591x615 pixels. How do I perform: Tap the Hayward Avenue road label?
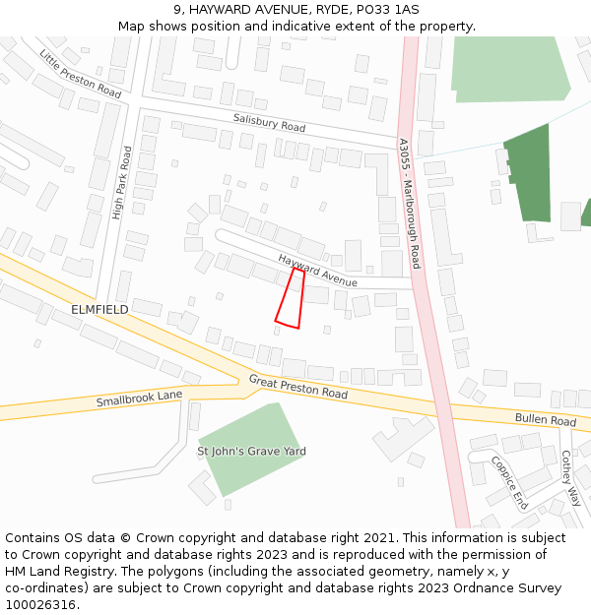click(317, 271)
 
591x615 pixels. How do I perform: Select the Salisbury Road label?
click(269, 122)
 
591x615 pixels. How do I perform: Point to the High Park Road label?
click(121, 183)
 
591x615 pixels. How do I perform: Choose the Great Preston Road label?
click(297, 386)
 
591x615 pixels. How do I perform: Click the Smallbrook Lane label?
click(139, 399)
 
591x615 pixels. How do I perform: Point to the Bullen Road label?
click(545, 420)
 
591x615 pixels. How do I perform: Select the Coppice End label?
click(509, 481)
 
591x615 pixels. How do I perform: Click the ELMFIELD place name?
click(99, 309)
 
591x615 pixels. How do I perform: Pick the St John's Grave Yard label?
click(251, 452)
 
